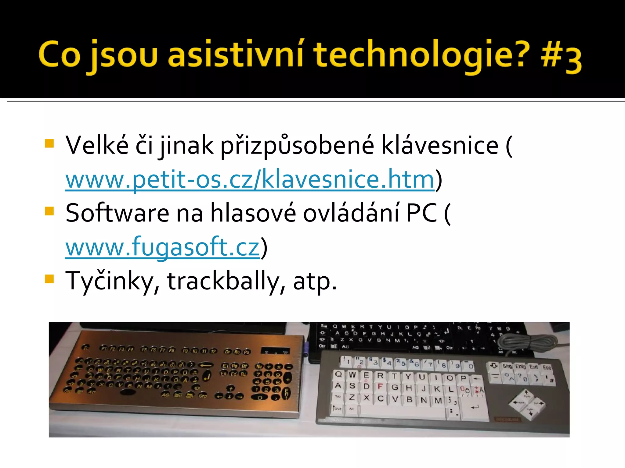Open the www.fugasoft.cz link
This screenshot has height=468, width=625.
(162, 247)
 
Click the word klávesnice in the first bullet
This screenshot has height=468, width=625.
(440, 145)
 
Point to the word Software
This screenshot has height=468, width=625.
(117, 213)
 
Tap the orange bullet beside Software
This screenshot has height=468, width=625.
(49, 211)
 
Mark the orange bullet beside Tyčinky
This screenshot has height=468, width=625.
(49, 279)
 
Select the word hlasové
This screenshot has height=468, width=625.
(253, 213)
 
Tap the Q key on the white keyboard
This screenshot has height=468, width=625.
(338, 374)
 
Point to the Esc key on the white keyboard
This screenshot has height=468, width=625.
(546, 367)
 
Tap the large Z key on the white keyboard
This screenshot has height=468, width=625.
(352, 397)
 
